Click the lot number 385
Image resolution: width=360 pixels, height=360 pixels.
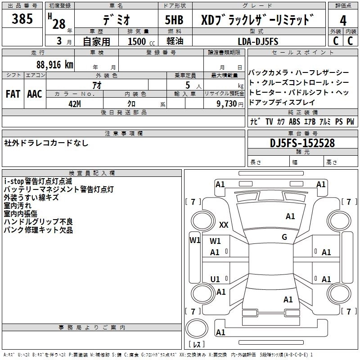pyautogui.click(x=22, y=19)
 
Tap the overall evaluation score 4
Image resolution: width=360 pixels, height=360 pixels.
pyautogui.click(x=343, y=20)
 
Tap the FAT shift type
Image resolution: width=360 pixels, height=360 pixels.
pyautogui.click(x=13, y=94)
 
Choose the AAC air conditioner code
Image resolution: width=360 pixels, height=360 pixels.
pyautogui.click(x=35, y=94)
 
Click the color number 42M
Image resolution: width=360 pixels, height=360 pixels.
pyautogui.click(x=74, y=103)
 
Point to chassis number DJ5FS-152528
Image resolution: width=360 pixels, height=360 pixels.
pyautogui.click(x=302, y=143)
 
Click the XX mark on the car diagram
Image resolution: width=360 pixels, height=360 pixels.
pyautogui.click(x=224, y=225)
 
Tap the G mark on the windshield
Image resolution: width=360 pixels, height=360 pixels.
pyautogui.click(x=284, y=237)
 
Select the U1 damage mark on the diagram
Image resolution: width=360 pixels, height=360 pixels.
pyautogui.click(x=215, y=279)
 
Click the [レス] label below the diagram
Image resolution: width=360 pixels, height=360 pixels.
pyautogui.click(x=196, y=346)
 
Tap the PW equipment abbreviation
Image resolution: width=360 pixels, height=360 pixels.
pyautogui.click(x=350, y=121)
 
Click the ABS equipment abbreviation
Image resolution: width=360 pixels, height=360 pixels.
pyautogui.click(x=294, y=121)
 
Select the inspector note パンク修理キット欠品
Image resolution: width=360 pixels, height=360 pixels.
pyautogui.click(x=38, y=230)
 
